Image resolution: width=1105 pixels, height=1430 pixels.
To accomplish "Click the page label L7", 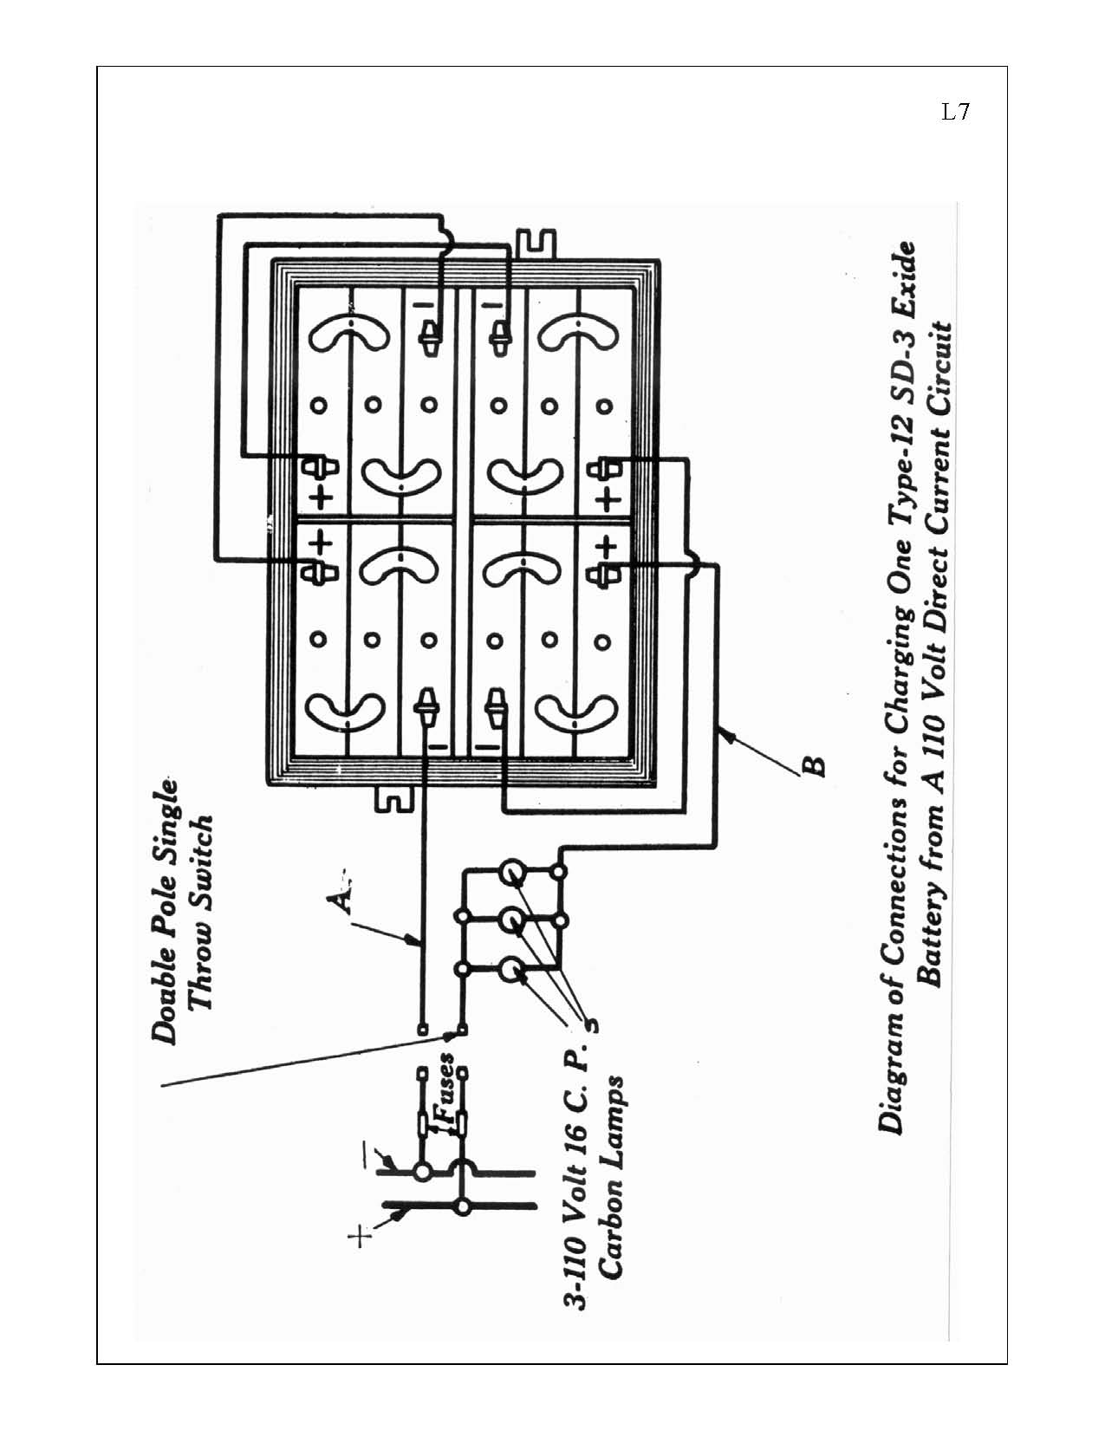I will (x=955, y=112).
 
